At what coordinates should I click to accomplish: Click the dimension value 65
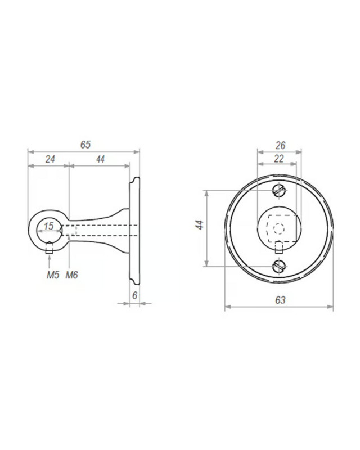pos(85,145)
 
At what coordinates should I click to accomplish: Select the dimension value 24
pos(50,159)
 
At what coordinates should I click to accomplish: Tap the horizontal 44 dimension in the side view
pos(100,159)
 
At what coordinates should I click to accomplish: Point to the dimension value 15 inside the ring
pos(49,226)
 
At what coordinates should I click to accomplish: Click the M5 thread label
pos(53,275)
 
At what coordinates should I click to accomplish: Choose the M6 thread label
pos(72,275)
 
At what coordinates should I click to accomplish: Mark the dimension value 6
pos(134,295)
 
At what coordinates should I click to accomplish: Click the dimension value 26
pos(280,145)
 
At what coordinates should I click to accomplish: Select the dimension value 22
pos(278,159)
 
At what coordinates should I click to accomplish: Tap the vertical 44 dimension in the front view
pos(200,224)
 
